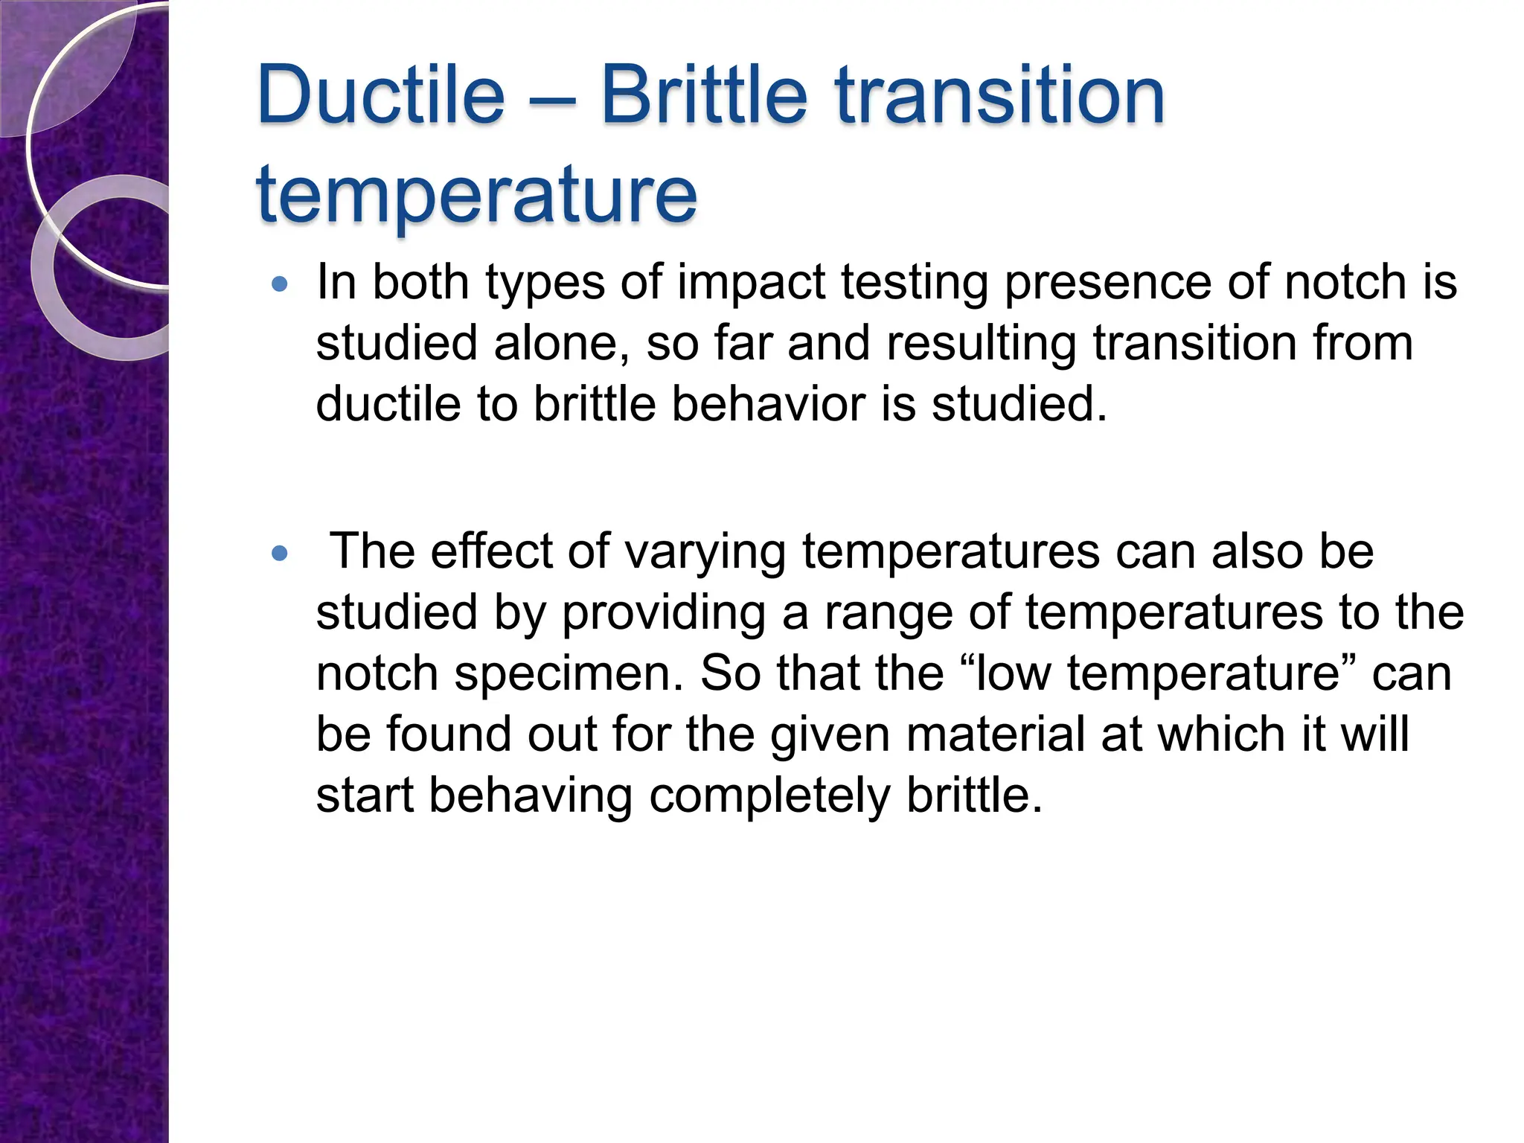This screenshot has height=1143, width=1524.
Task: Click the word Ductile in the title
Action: pos(380,96)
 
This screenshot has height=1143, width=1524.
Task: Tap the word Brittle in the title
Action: pos(703,96)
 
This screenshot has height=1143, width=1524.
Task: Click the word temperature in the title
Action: pos(476,195)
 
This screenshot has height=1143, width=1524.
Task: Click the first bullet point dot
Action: pos(279,284)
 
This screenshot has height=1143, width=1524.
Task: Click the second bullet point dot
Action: pos(279,553)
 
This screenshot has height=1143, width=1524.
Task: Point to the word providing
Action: pos(663,613)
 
